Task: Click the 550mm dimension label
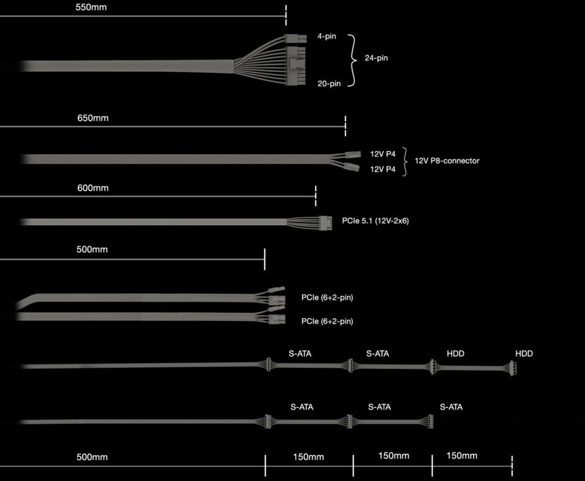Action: coord(91,8)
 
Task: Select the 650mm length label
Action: coord(93,118)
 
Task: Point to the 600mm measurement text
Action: coord(93,188)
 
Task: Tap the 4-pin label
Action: coord(327,37)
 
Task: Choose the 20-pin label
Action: coord(329,83)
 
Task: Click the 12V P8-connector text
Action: coord(447,161)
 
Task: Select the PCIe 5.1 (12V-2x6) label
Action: coord(375,221)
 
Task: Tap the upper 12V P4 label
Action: coord(383,154)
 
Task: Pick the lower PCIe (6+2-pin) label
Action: coord(327,321)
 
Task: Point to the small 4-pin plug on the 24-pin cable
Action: coord(292,39)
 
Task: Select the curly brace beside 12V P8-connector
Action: coord(405,162)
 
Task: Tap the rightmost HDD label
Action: coord(524,354)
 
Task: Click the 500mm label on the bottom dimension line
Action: coord(92,457)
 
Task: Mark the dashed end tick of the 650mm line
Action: coord(346,125)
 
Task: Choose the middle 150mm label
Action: coord(394,455)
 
